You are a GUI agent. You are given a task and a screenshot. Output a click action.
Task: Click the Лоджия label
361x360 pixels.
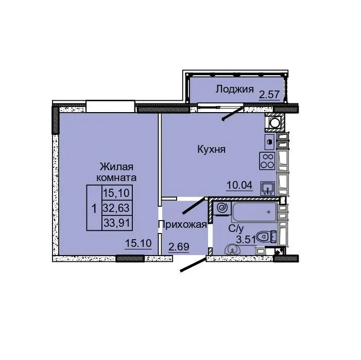(235, 89)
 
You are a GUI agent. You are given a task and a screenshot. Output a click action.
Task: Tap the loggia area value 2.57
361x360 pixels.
(269, 95)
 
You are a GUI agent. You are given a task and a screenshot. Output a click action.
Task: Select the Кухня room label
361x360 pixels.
(211, 150)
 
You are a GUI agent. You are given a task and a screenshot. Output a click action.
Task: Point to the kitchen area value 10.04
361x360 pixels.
(239, 185)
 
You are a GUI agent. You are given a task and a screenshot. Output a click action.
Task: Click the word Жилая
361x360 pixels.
(116, 167)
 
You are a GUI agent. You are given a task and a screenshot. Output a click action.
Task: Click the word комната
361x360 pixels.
(116, 178)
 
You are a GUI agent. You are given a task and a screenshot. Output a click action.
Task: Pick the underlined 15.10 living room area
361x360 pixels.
(139, 243)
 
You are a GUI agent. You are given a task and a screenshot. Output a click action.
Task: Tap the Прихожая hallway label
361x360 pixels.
(183, 225)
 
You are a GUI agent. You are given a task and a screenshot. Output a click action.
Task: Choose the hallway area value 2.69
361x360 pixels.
(179, 247)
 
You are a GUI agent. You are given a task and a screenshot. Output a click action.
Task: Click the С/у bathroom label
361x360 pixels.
(236, 228)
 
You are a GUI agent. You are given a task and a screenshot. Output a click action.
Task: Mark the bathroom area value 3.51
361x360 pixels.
(246, 240)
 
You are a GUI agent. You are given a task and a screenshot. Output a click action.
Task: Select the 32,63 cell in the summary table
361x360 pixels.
(117, 208)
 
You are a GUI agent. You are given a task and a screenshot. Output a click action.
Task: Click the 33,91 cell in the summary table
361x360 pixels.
(117, 223)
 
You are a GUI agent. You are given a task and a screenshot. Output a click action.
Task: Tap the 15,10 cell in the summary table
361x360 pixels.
(117, 193)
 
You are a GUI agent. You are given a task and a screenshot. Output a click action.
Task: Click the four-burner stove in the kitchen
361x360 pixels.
(267, 161)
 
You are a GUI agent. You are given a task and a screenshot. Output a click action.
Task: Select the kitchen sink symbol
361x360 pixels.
(268, 189)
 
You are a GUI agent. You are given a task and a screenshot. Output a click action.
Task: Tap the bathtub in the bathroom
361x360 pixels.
(254, 212)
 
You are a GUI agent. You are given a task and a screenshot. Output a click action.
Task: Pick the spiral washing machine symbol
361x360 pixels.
(222, 208)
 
